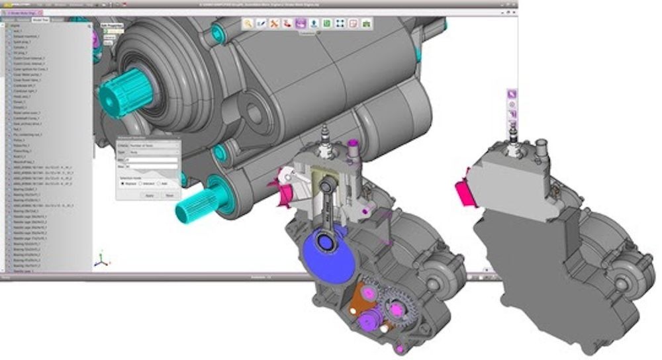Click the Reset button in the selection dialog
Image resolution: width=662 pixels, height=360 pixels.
pos(169,196)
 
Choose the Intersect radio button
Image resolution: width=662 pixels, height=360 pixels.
pos(141,183)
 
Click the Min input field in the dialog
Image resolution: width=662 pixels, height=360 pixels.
pos(152,160)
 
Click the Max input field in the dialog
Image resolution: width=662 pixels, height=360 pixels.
pos(152,167)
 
